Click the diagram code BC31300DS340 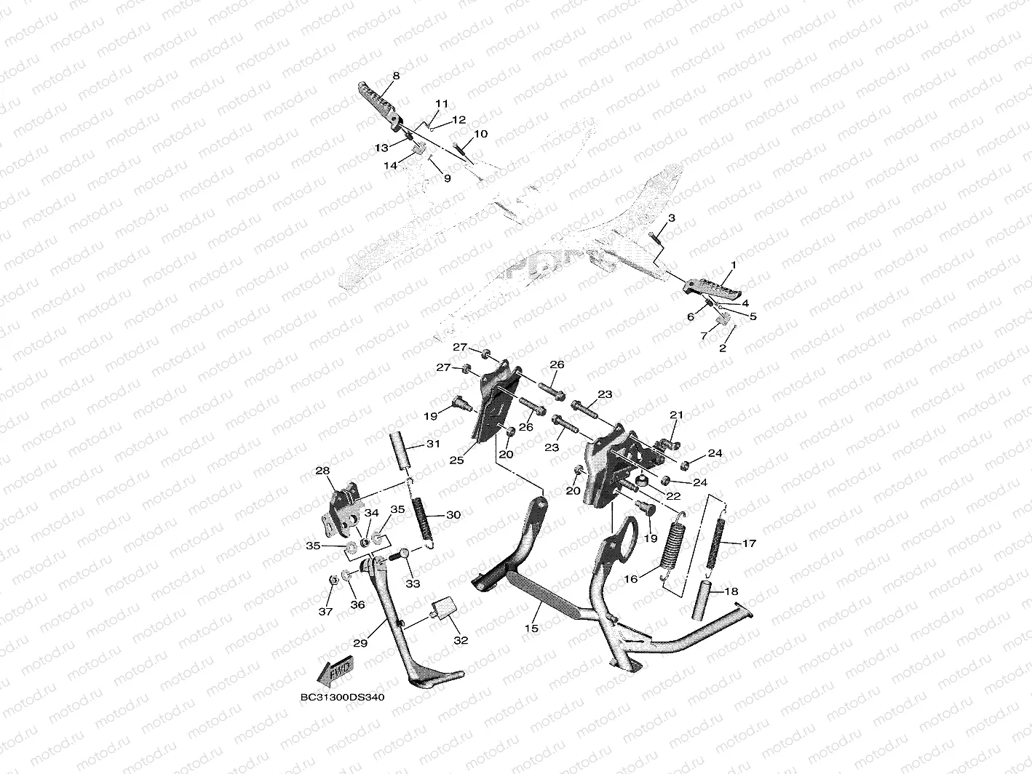click(x=342, y=697)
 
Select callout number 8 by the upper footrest click(x=396, y=76)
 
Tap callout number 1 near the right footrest click(x=734, y=266)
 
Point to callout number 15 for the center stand click(x=531, y=628)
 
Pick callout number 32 click(x=461, y=640)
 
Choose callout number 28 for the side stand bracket click(x=322, y=471)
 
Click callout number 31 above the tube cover click(x=433, y=444)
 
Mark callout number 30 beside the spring click(x=453, y=515)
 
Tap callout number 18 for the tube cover click(x=731, y=592)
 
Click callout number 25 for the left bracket click(x=456, y=460)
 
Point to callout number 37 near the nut click(x=325, y=611)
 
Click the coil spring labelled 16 click(x=674, y=543)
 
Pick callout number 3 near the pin click(x=672, y=218)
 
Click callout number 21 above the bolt click(x=677, y=415)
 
